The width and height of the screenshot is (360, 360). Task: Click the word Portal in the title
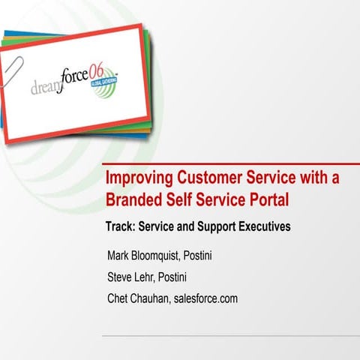[267, 200]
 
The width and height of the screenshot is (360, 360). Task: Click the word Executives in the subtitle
[260, 226]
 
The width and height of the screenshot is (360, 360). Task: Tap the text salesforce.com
[206, 298]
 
